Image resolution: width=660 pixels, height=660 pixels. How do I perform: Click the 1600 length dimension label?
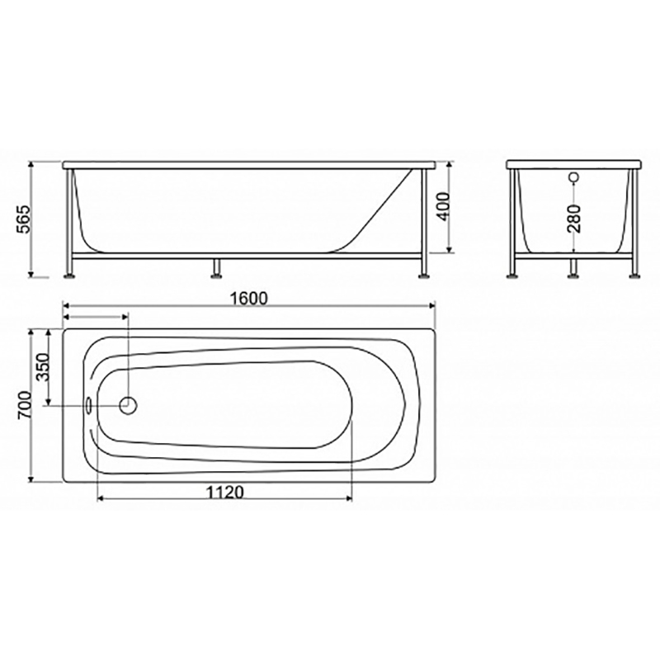pos(249,298)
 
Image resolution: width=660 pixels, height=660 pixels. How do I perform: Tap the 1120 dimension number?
pos(224,492)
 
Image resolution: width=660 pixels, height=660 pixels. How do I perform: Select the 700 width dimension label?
pos(25,405)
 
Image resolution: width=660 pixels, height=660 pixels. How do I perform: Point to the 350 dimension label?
pos(44,367)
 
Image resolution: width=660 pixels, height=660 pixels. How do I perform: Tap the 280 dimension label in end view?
pos(574,219)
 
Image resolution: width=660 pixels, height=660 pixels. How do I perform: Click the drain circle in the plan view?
pos(129,405)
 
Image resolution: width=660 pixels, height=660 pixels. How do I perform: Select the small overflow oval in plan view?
pos(89,405)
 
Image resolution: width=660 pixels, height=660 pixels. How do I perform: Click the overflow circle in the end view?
pos(573,177)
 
